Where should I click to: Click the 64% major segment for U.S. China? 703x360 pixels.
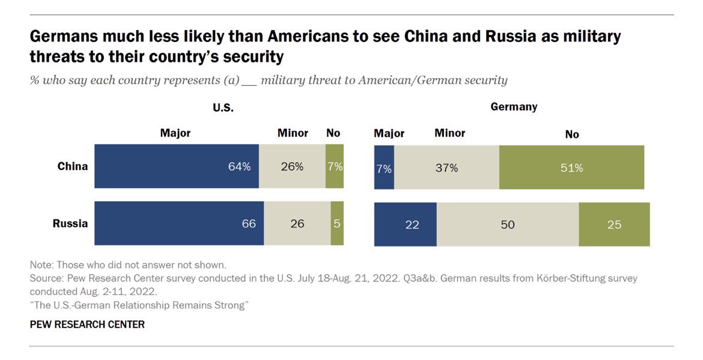[x=177, y=166]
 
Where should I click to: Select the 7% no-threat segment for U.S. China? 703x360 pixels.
[x=335, y=166]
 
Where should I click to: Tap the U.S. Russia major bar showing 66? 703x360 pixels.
[x=179, y=224]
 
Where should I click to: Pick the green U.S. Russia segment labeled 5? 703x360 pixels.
[x=337, y=224]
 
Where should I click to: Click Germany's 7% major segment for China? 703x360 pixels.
[x=384, y=168]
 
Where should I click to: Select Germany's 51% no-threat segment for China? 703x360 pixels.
[x=571, y=168]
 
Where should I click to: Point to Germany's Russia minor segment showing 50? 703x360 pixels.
[x=508, y=225]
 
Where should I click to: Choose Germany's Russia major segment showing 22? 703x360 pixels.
[x=406, y=225]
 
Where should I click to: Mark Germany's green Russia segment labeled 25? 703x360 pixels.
[x=614, y=225]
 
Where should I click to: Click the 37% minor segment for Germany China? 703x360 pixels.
[x=446, y=168]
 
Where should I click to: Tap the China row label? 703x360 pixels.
[x=72, y=166]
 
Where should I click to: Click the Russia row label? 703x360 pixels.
[x=70, y=224]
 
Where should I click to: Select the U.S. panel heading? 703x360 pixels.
[x=223, y=108]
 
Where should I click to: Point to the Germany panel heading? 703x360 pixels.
[x=514, y=107]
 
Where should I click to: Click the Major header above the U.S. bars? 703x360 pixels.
[x=175, y=133]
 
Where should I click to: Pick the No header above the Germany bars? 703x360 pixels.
[x=572, y=134]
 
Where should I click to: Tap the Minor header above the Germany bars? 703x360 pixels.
[x=449, y=133]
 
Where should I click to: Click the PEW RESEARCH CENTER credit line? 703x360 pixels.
[x=87, y=325]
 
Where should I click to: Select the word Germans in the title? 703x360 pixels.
[x=64, y=37]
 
